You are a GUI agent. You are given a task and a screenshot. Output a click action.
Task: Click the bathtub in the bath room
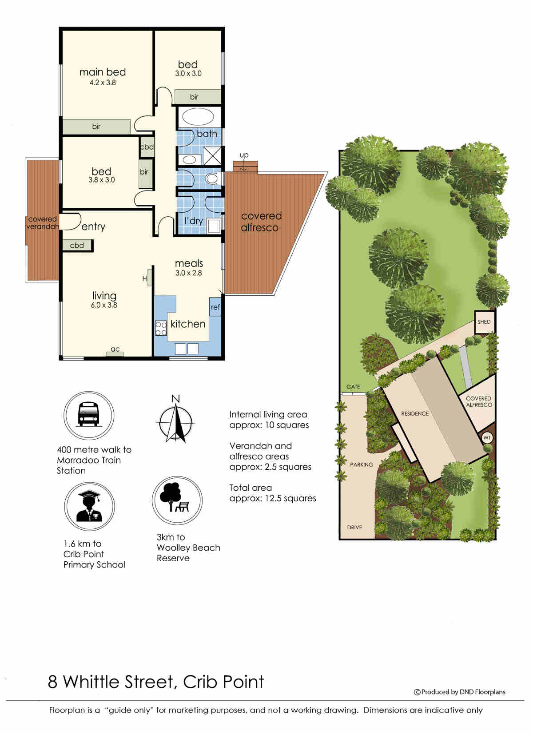coord(198,117)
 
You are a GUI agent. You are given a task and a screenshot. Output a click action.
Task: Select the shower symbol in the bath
coord(212,156)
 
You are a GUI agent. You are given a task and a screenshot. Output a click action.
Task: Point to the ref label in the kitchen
coord(215,307)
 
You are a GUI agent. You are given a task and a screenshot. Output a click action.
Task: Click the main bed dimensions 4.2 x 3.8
coord(103,83)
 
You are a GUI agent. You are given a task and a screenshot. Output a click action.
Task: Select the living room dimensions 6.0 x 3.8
coord(104,305)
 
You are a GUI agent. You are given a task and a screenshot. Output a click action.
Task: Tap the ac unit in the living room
coord(115,354)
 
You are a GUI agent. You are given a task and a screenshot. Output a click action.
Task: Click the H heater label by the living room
coord(144,278)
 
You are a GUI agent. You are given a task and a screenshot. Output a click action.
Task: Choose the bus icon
coord(88,415)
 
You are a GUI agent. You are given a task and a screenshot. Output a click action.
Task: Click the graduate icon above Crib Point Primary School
coord(89,506)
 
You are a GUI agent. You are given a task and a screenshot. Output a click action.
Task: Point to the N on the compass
coord(176,399)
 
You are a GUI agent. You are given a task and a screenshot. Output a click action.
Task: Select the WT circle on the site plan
coord(487,438)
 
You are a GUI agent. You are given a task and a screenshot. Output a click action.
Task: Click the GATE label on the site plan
coord(353,387)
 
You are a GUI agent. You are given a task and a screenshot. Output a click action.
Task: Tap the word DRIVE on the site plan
coord(354,527)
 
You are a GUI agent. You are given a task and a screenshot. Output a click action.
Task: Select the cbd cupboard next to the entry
coord(77,246)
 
